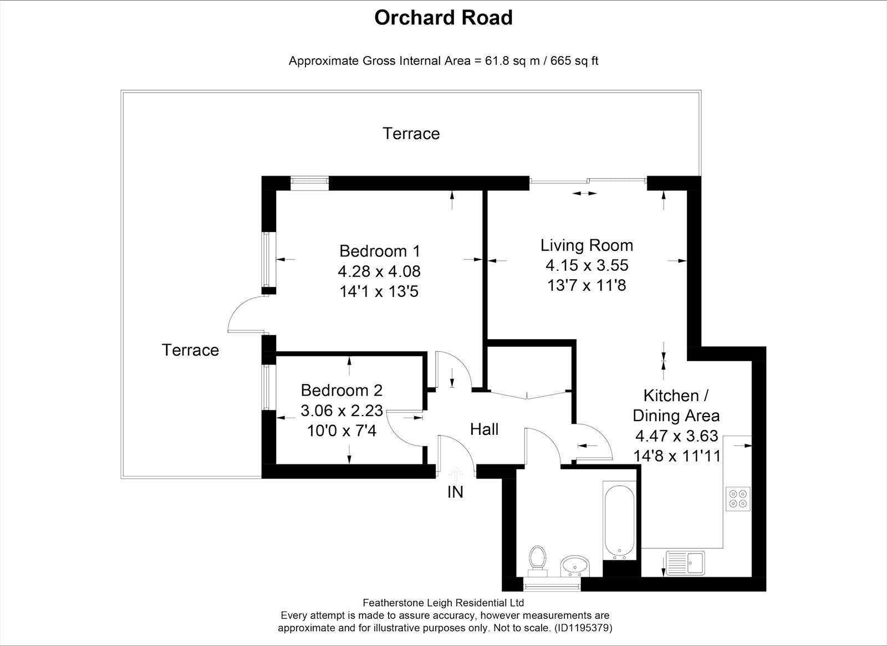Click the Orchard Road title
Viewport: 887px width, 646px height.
(x=443, y=18)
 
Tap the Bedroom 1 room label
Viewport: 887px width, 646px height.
(x=379, y=252)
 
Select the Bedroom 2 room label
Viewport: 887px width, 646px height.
(x=341, y=390)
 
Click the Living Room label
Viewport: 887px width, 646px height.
(x=587, y=245)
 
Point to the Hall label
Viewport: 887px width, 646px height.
(x=484, y=429)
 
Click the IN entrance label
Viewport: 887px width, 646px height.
(x=455, y=492)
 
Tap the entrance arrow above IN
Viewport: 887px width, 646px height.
(x=456, y=473)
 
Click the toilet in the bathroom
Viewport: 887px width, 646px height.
(x=537, y=561)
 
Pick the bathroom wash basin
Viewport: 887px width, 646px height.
(x=575, y=566)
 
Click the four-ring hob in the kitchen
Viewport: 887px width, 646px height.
(x=738, y=499)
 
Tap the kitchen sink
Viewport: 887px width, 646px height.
(x=685, y=563)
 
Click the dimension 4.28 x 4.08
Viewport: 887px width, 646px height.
(x=379, y=271)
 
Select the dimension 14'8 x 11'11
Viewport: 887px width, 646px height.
(x=676, y=456)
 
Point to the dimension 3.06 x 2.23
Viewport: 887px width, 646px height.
(x=341, y=411)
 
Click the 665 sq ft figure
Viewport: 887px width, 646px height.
(x=574, y=61)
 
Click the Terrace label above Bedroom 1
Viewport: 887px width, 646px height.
(x=411, y=134)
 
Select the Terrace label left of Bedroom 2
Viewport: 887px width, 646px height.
(x=190, y=350)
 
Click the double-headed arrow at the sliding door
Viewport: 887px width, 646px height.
(x=584, y=193)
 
